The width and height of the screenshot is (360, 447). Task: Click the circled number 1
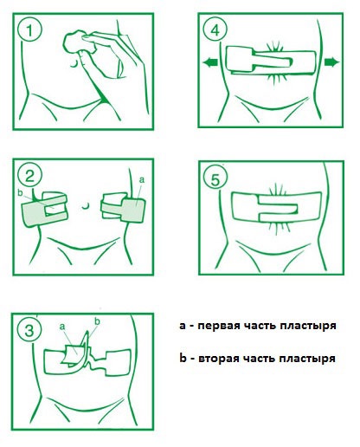click(x=29, y=29)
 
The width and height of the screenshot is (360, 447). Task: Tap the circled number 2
click(x=29, y=176)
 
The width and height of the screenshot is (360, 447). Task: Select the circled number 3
click(x=29, y=330)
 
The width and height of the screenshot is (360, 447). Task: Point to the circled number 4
click(x=215, y=29)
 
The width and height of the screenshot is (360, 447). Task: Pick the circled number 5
click(x=215, y=179)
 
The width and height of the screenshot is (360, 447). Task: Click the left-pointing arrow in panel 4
click(x=210, y=62)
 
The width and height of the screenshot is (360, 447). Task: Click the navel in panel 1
click(x=74, y=64)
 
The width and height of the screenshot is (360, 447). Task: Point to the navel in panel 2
click(x=85, y=206)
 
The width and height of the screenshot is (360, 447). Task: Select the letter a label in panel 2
click(x=141, y=180)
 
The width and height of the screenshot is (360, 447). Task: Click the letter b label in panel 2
click(x=20, y=192)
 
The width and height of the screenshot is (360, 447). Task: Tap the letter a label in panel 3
click(x=62, y=327)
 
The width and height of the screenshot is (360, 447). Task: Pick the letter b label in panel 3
click(x=98, y=321)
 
